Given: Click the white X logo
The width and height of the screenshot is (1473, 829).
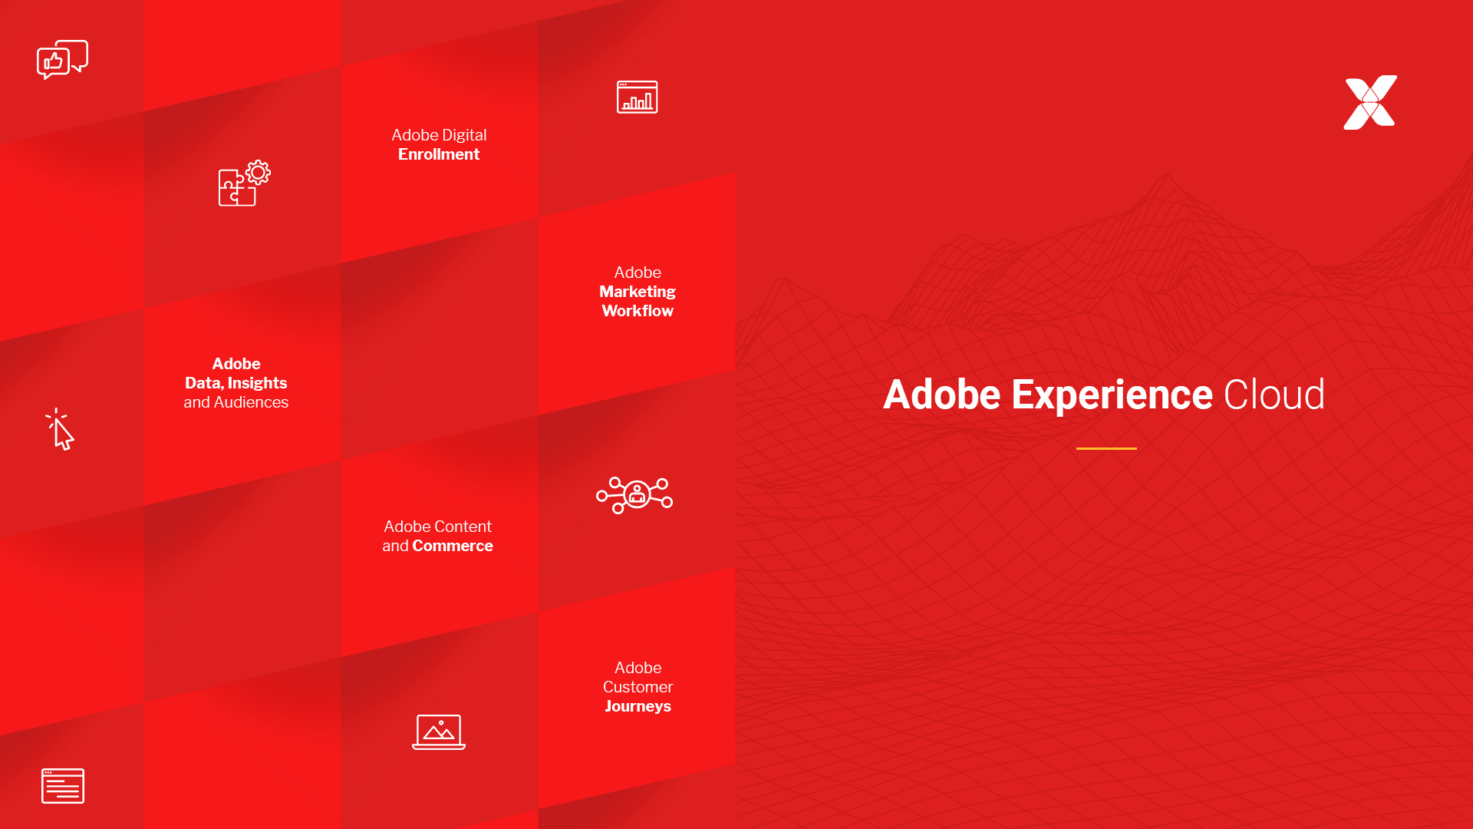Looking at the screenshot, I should point(1370,102).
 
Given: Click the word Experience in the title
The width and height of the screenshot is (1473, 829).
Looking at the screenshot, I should point(1112,395).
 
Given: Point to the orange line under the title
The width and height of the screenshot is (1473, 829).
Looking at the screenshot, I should point(1106,448).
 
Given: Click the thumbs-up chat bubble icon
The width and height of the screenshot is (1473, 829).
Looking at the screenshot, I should point(61,59).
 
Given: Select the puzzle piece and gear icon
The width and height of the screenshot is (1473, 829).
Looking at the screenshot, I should point(244,183).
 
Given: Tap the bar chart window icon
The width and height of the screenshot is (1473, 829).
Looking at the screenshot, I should point(637,97).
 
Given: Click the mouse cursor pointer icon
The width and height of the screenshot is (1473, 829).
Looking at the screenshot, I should point(60,430).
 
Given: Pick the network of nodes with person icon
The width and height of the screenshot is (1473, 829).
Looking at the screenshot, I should point(634,494).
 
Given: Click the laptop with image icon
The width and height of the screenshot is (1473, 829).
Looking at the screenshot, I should point(439,732).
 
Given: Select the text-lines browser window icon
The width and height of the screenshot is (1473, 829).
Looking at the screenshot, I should point(63,785).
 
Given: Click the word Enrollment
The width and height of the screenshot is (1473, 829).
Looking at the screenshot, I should point(439,154).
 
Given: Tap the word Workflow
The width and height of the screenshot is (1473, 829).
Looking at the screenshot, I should point(638,311).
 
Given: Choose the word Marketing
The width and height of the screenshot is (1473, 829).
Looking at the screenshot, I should point(638,292).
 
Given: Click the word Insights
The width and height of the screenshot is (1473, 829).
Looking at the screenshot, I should point(257,383).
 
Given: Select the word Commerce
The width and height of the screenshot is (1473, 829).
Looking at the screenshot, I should point(453,546).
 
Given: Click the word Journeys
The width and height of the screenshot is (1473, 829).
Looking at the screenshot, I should point(638,706).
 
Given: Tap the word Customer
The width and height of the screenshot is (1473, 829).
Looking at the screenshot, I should point(638,687).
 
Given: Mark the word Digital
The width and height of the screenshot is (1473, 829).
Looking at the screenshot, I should point(464,135).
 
